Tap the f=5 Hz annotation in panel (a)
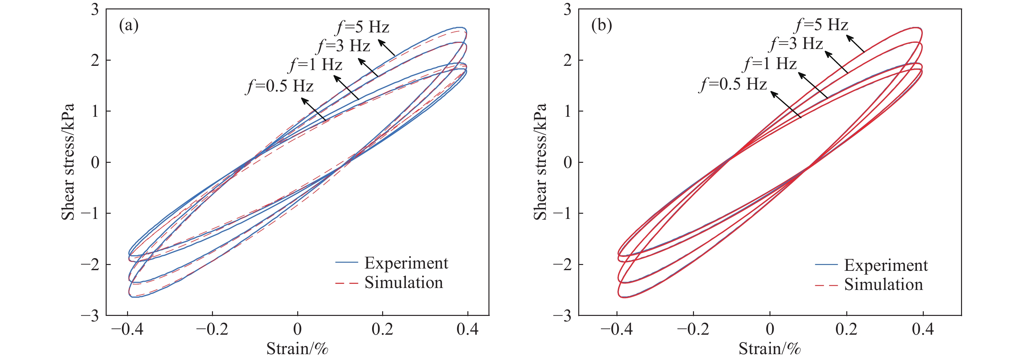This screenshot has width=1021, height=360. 363,27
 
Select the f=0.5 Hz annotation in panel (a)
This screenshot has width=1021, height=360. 280,86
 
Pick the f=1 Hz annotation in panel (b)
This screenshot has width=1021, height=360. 770,64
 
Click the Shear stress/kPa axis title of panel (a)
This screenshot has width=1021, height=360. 68,162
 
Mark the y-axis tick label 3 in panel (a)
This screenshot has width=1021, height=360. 95,9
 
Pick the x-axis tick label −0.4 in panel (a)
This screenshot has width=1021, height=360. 127,329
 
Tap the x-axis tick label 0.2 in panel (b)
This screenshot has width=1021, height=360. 846,329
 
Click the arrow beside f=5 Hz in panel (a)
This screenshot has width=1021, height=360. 386,47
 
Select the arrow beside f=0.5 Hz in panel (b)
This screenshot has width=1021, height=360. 786,105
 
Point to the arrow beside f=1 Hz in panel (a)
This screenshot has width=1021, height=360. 346,87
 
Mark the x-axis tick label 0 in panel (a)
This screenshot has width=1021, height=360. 297,329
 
